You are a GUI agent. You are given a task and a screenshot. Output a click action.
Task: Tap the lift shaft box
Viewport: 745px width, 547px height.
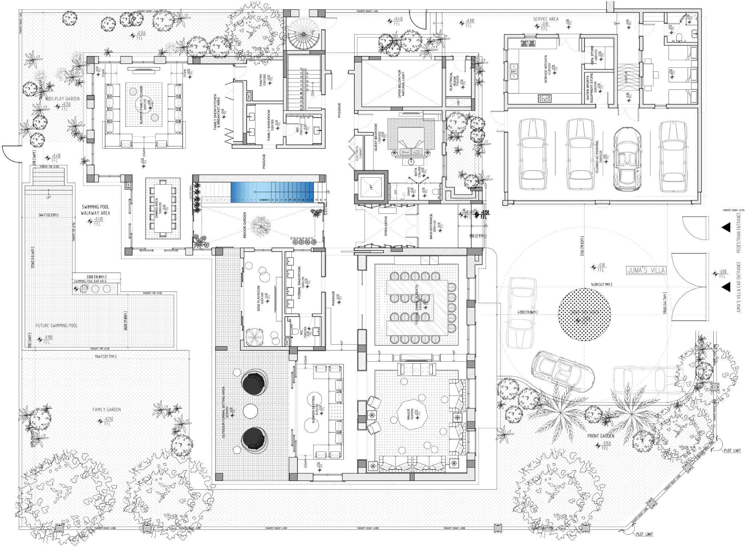[x=371, y=187]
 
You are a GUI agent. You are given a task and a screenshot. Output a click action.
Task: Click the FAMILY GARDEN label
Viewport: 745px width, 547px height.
[x=106, y=409]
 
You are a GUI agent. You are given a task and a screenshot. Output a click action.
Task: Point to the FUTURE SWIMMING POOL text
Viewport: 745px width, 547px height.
[x=56, y=325]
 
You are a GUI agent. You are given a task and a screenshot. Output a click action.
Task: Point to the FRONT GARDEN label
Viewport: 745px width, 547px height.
[x=600, y=436]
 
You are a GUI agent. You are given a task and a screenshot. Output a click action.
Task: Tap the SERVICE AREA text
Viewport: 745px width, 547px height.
[x=546, y=19]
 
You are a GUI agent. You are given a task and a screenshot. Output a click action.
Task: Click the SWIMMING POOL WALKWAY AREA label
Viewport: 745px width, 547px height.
[x=95, y=210]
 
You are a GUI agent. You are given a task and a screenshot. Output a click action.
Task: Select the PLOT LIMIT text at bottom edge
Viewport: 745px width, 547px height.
[x=644, y=534]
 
